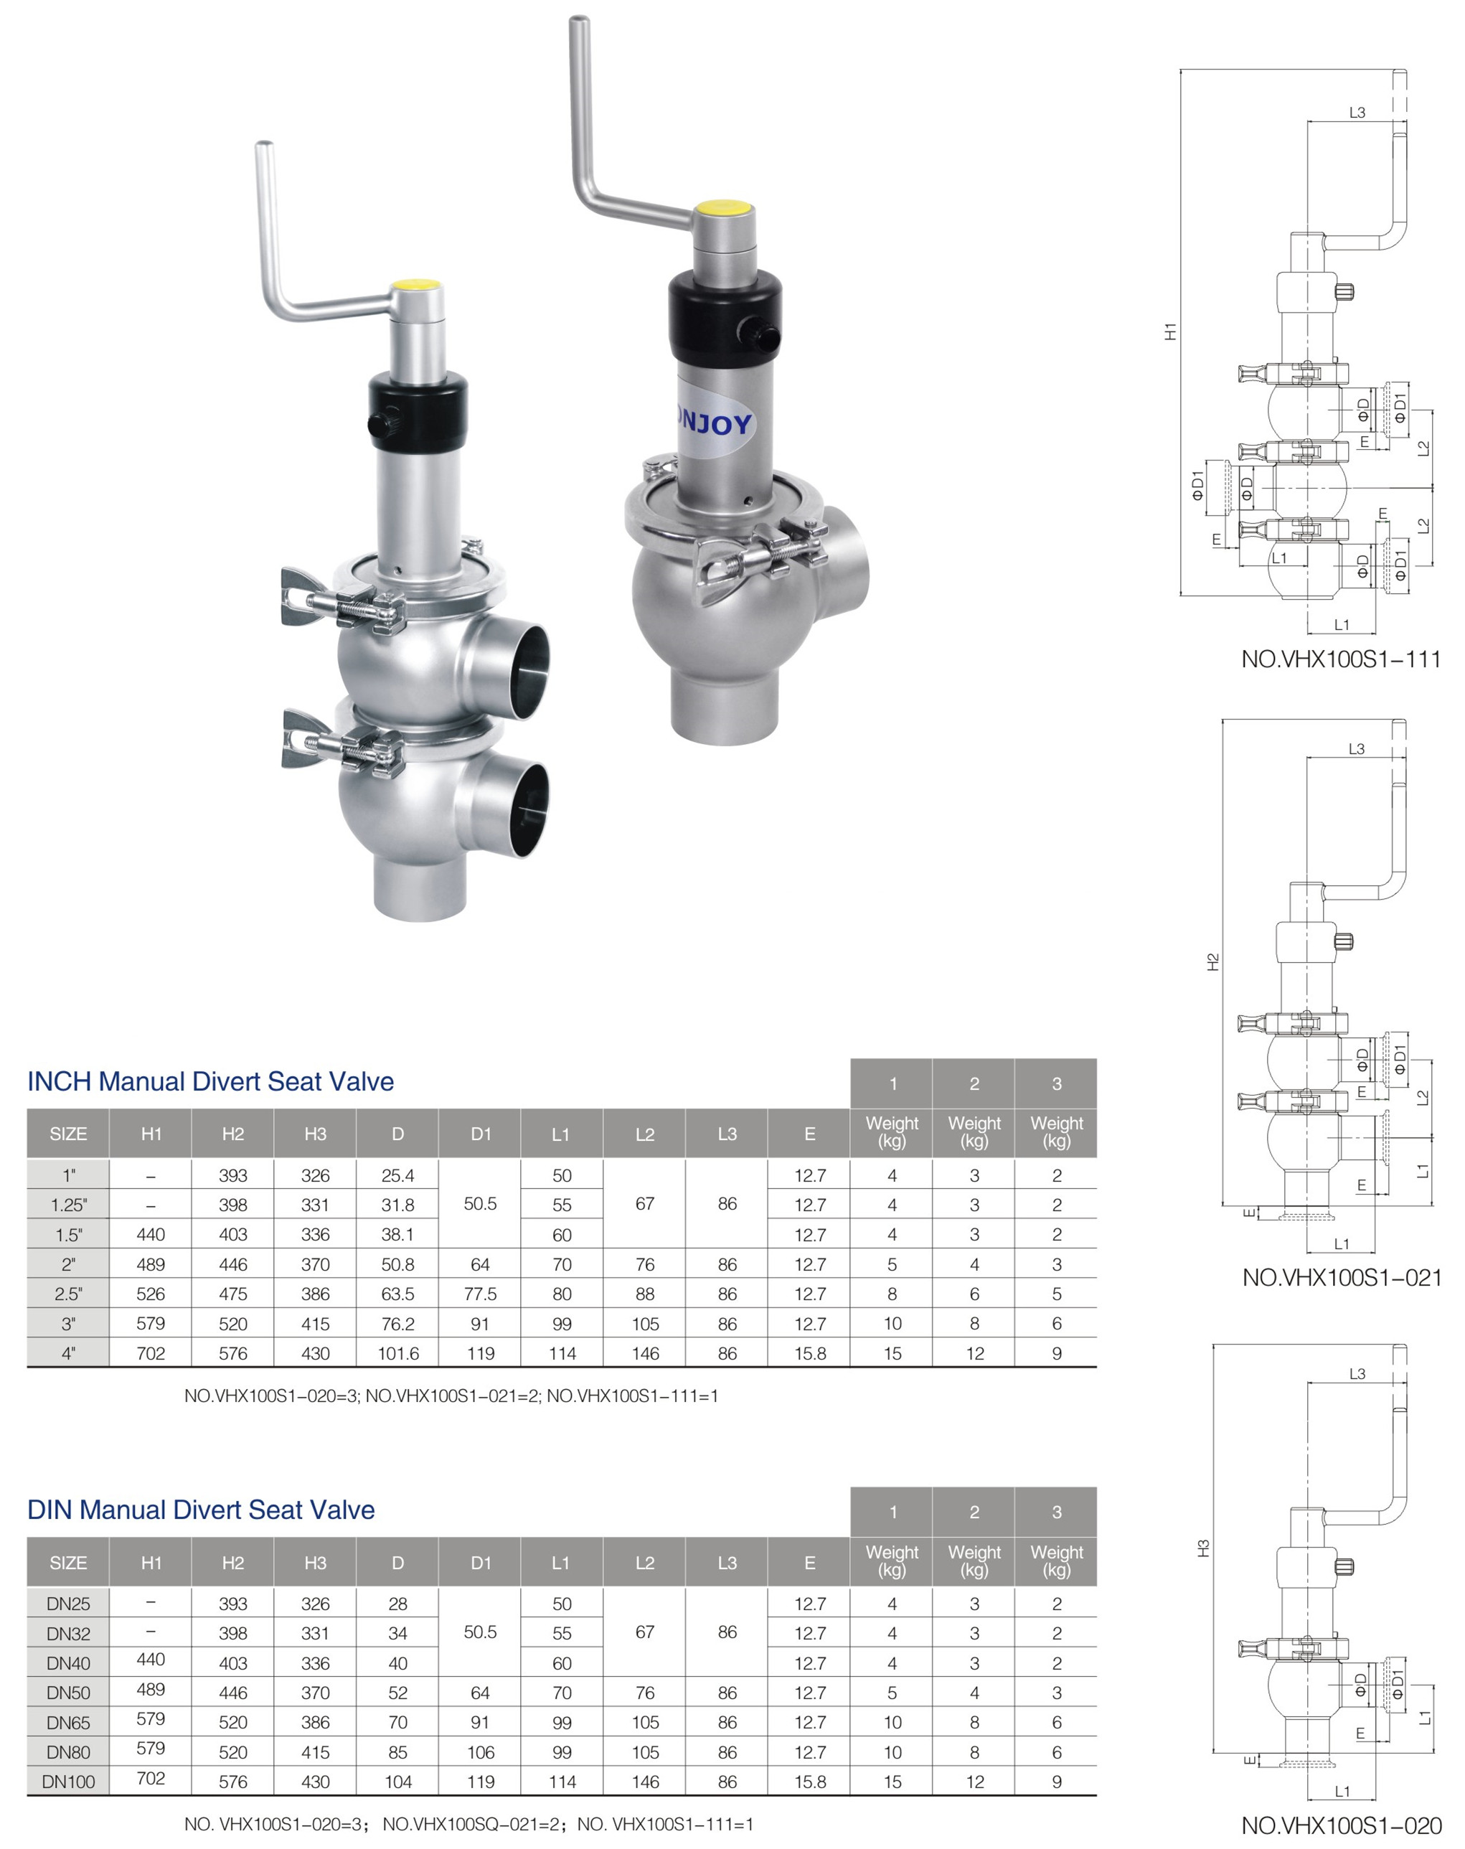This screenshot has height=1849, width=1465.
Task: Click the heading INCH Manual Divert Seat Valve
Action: pyautogui.click(x=210, y=1081)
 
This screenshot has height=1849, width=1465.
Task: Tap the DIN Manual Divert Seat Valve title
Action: pyautogui.click(x=201, y=1510)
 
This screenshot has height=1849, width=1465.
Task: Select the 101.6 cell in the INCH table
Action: pyautogui.click(x=398, y=1353)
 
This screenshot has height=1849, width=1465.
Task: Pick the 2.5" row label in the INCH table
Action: pyautogui.click(x=69, y=1294)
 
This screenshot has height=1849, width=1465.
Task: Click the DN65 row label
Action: pyautogui.click(x=69, y=1722)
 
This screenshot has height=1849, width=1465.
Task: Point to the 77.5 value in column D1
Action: pyautogui.click(x=481, y=1294)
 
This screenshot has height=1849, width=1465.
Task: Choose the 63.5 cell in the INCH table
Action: pyautogui.click(x=398, y=1294)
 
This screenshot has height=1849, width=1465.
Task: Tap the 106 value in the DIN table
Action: pyautogui.click(x=481, y=1752)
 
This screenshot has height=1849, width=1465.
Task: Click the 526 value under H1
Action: pyautogui.click(x=151, y=1294)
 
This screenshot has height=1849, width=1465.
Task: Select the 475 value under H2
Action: pyautogui.click(x=233, y=1294)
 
